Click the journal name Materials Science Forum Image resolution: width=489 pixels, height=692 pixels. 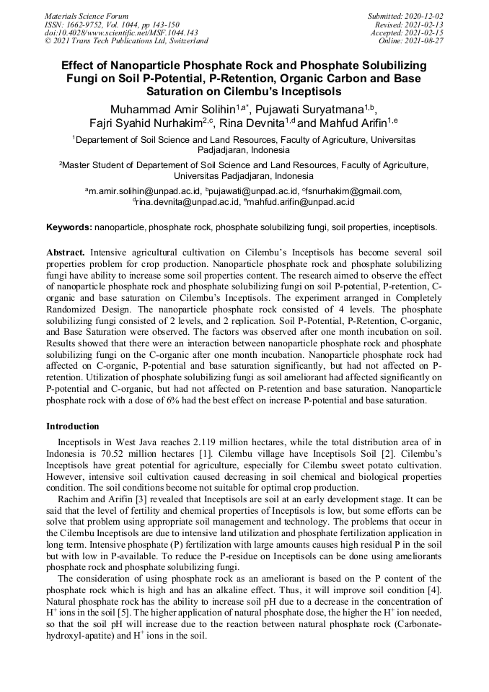[x=87, y=16]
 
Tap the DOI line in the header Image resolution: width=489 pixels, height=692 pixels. [x=121, y=32]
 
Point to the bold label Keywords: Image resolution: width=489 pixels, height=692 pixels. [x=69, y=227]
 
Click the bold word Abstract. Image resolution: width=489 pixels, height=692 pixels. [x=67, y=253]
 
